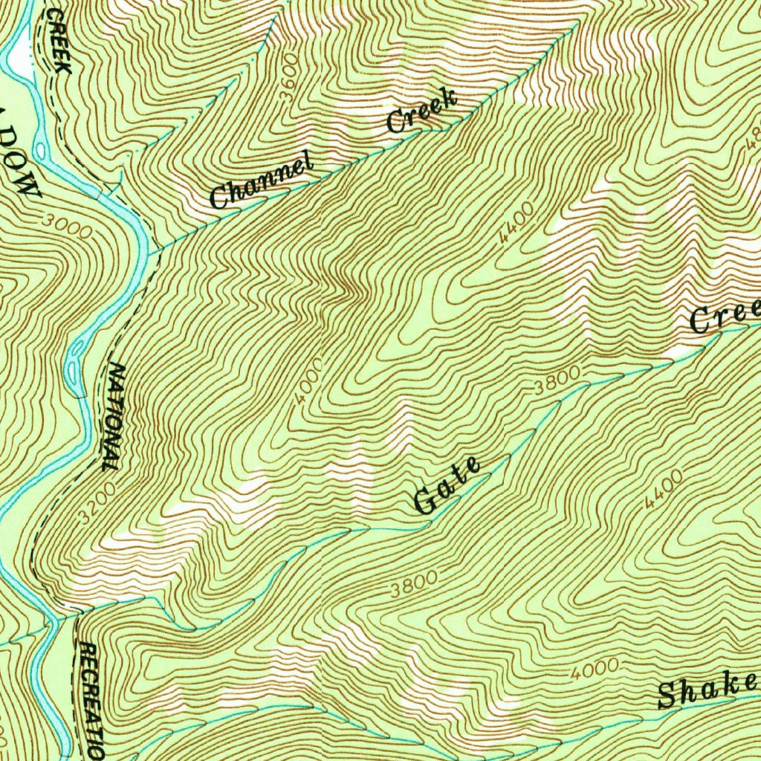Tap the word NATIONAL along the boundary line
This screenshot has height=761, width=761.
coord(113,416)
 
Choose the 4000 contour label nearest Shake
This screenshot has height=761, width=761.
coord(595,670)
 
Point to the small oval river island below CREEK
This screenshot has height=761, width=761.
coord(39,151)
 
